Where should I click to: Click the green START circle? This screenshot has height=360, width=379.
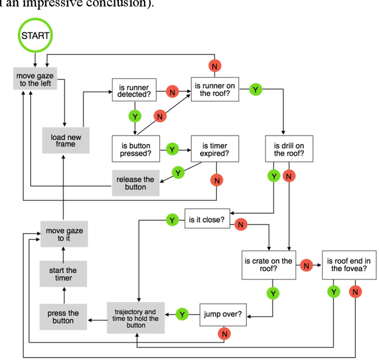pyautogui.click(x=36, y=35)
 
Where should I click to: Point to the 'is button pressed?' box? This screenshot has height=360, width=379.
pyautogui.click(x=136, y=149)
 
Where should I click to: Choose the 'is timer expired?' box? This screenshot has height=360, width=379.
pyautogui.click(x=215, y=149)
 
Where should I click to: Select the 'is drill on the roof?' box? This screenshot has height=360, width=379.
pyautogui.click(x=289, y=149)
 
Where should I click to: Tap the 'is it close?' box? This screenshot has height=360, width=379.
pyautogui.click(x=206, y=220)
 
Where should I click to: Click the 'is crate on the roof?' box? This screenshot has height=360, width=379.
pyautogui.click(x=269, y=265)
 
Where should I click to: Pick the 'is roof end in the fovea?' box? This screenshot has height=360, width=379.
pyautogui.click(x=348, y=265)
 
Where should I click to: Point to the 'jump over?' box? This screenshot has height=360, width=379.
pyautogui.click(x=223, y=314)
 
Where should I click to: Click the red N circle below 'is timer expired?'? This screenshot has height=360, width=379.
pyautogui.click(x=217, y=179)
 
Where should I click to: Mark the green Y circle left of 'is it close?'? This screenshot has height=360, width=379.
pyautogui.click(x=172, y=220)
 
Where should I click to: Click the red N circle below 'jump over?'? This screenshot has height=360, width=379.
pyautogui.click(x=224, y=334)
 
